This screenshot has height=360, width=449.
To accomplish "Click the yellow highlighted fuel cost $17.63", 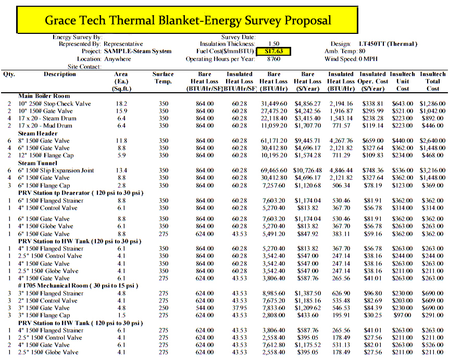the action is [274, 52].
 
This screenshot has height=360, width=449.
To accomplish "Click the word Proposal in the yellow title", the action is [307, 21].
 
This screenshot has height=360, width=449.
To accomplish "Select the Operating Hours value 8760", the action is [274, 59].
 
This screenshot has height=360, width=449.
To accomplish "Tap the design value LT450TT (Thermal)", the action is [388, 44].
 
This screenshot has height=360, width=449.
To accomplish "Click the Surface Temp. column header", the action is [163, 78].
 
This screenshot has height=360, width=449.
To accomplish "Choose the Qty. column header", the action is [9, 75].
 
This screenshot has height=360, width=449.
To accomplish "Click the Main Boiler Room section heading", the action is [44, 96].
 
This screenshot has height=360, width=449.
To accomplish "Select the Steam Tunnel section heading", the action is [38, 163].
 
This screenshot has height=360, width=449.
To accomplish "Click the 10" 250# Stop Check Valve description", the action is [55, 104].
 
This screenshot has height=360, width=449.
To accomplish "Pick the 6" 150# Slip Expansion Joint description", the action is [56, 170].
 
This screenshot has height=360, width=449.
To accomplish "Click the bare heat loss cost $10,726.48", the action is [307, 170].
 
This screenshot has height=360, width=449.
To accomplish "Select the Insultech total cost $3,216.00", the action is [432, 170].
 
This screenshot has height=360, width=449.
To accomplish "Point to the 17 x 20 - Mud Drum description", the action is [45, 126].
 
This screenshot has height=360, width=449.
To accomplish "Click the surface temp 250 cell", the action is [164, 308].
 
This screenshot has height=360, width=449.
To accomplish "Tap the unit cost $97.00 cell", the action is [402, 315].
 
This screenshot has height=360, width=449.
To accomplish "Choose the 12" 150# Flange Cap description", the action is [46, 155].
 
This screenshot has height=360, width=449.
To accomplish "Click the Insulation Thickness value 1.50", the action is [274, 44].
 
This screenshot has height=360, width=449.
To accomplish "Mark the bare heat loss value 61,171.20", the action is [274, 141].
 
